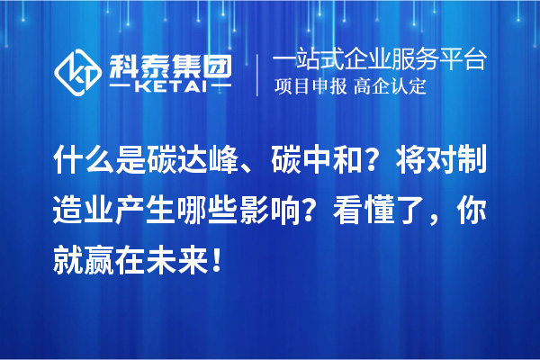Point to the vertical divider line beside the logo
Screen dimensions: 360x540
coord(258,74)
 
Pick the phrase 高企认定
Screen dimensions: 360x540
coord(390,87)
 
